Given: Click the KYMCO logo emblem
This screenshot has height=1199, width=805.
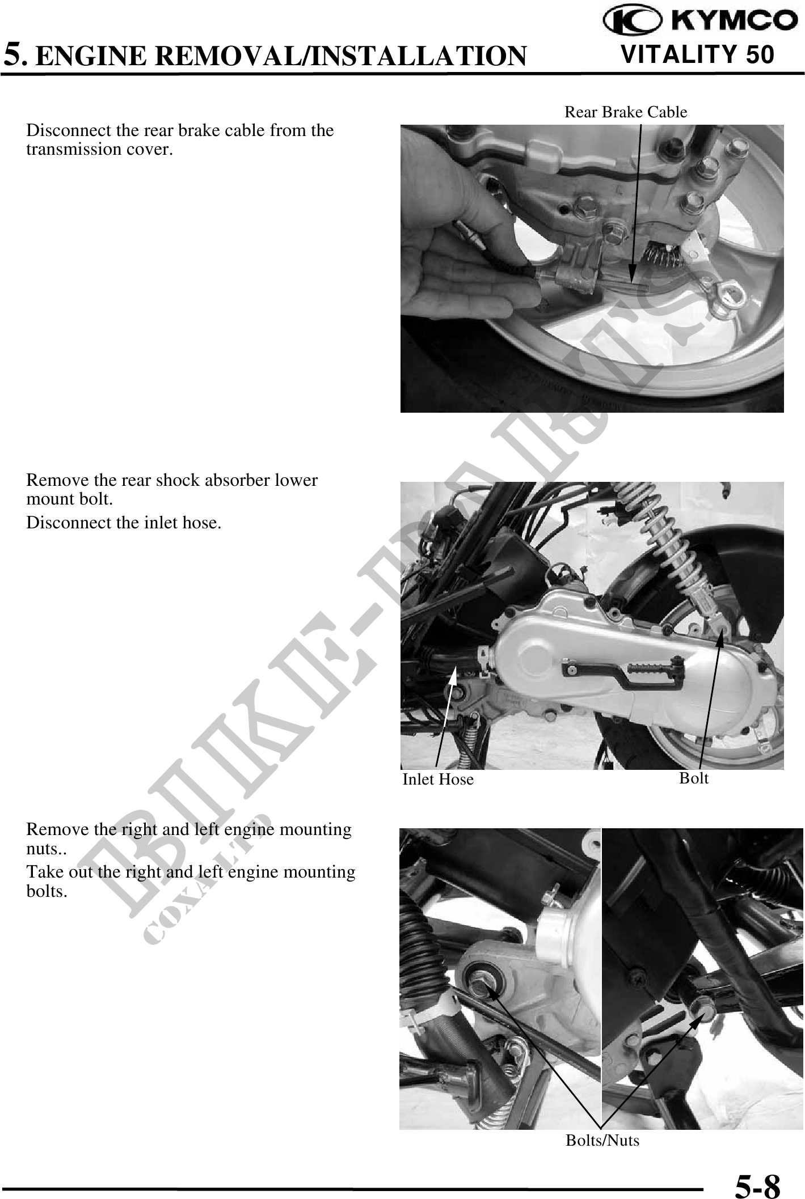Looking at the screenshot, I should (631, 22).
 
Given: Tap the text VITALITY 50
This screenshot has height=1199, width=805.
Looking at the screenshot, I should (697, 54).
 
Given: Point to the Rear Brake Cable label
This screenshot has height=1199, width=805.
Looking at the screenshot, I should (625, 112).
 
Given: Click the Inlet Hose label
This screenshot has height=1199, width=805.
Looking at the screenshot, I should (437, 779).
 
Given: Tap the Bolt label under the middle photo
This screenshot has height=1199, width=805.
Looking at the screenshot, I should (693, 778).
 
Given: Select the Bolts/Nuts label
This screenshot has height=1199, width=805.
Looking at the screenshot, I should (602, 1140).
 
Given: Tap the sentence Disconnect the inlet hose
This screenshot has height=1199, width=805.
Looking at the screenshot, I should (124, 523).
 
